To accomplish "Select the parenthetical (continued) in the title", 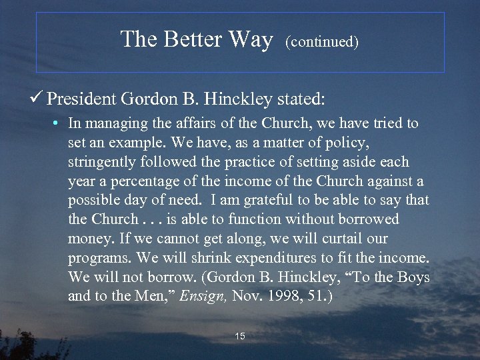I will (322, 42).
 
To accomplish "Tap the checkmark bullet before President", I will (38, 99).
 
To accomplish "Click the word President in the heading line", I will (82, 100).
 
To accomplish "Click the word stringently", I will (99, 162).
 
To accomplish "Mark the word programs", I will (94, 258).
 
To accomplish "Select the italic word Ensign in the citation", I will (205, 295).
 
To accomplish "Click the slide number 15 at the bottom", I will (240, 336).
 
